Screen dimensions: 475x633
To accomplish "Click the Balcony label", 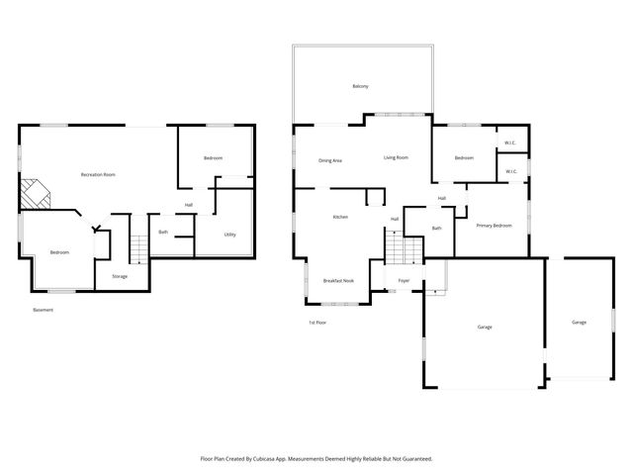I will (360, 87).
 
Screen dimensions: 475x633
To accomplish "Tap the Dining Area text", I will (330, 160).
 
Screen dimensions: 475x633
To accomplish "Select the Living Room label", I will (396, 157).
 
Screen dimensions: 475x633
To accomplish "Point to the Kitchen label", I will (340, 217).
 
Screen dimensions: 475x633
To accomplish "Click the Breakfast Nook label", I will (338, 281).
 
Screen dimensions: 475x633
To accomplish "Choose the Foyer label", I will (404, 281).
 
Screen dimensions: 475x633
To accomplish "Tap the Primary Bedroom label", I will (494, 226).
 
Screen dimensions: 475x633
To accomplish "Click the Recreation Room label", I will (98, 175).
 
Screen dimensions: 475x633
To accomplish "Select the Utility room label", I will (229, 235).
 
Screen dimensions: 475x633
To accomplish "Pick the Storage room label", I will (119, 276).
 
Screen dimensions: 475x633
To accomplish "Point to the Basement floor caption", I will (43, 311).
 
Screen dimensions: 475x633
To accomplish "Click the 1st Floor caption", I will (317, 323).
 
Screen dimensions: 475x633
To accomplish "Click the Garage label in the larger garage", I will (484, 327).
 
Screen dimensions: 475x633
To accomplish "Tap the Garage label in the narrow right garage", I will (579, 322).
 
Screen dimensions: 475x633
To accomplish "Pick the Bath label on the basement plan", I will (163, 233).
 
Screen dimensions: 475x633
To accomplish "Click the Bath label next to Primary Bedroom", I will (436, 229).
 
